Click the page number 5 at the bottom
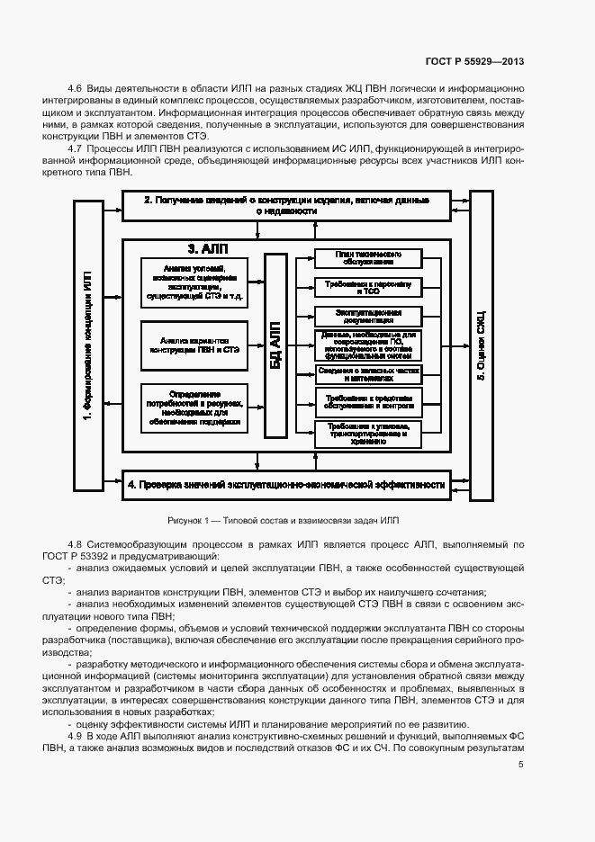[520, 765]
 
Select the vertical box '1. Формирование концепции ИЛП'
[87, 345]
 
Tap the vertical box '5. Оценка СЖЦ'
[481, 345]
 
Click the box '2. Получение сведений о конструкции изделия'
[286, 205]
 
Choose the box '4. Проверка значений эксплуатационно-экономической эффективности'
[286, 485]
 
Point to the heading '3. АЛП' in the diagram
[205, 248]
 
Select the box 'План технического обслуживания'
[367, 258]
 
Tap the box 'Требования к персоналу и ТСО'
[367, 287]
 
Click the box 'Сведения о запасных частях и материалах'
[367, 373]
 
